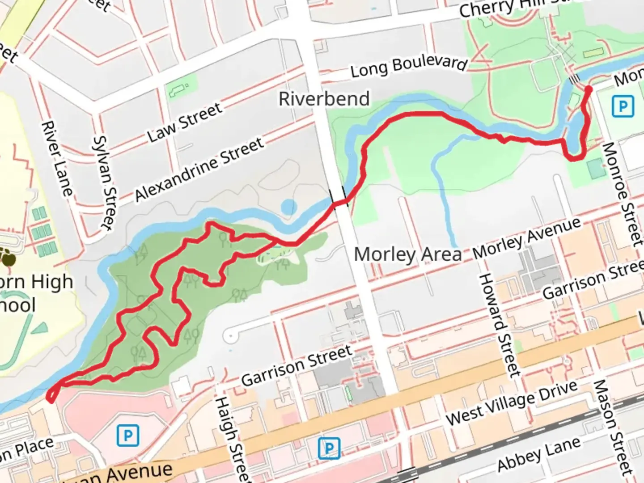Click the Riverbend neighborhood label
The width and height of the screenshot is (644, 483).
(324, 99)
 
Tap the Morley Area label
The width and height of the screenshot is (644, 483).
(407, 254)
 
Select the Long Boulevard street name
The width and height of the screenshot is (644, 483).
(408, 66)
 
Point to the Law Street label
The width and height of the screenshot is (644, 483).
(185, 123)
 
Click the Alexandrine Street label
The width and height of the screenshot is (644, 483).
(199, 169)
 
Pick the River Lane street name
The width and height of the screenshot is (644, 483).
(57, 158)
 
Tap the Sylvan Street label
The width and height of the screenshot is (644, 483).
(104, 183)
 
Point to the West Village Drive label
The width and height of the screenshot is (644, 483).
(512, 403)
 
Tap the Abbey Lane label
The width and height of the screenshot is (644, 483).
(539, 454)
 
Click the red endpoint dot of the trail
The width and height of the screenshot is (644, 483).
(589, 89)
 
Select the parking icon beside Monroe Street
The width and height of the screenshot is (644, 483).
(623, 107)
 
